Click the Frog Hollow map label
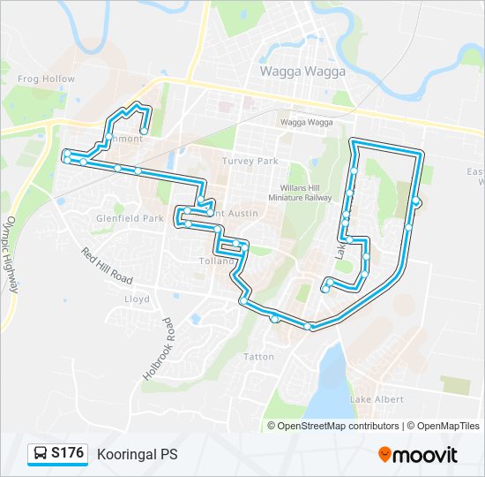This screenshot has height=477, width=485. (47, 79)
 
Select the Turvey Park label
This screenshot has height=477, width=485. (250, 162)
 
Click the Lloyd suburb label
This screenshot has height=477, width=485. (137, 299)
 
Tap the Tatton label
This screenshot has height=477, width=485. (258, 357)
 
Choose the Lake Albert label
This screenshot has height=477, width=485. (377, 400)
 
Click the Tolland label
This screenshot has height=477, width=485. (214, 262)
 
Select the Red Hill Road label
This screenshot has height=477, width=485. (106, 266)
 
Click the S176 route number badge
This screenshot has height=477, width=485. (68, 454)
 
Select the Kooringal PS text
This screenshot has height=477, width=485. (138, 454)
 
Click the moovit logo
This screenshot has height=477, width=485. (417, 455)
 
